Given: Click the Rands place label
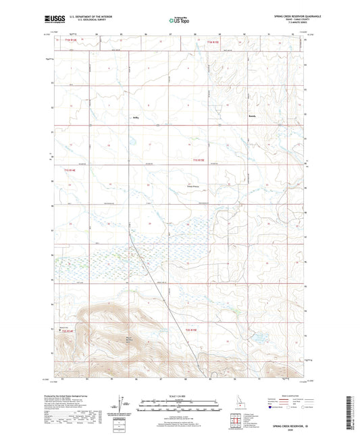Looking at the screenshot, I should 253,116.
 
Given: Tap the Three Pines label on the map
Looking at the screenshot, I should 193,187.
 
